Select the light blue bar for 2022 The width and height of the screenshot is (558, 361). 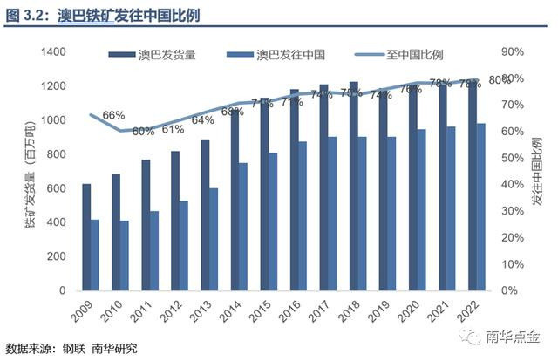tap(480, 207)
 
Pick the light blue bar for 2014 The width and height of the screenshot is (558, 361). tap(243, 226)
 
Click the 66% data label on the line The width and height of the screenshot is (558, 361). tap(113, 115)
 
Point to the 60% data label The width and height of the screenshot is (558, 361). tap(143, 131)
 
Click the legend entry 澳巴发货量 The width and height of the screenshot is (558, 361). tap(166, 54)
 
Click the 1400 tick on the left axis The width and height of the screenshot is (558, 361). tap(52, 52)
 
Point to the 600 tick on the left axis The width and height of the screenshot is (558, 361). tap(56, 188)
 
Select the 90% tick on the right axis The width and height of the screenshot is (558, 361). tap(513, 52)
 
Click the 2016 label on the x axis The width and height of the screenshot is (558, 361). tap(292, 314)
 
